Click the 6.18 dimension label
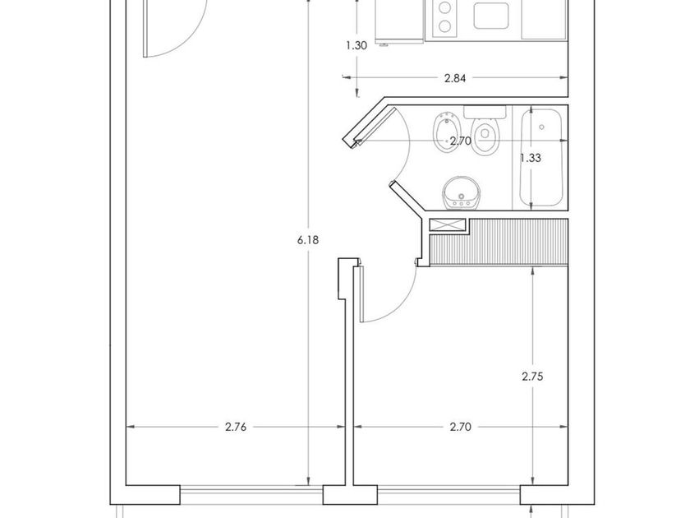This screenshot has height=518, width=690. click(x=309, y=240)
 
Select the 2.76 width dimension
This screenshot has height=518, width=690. click(x=236, y=428)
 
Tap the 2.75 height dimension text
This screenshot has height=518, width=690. click(x=534, y=377)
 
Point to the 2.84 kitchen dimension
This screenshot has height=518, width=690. click(x=455, y=79)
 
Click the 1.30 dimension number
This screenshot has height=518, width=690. click(x=356, y=46)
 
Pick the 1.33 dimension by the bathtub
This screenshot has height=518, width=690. click(x=531, y=158)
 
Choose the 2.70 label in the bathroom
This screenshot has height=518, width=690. click(x=460, y=141)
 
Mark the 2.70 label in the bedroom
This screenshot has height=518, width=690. click(x=460, y=428)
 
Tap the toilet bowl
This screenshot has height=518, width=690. click(x=487, y=138)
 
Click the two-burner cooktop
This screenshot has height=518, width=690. click(x=444, y=16)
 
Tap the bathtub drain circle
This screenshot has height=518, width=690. click(x=541, y=127)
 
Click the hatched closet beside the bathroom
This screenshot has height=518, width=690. click(x=501, y=243)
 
